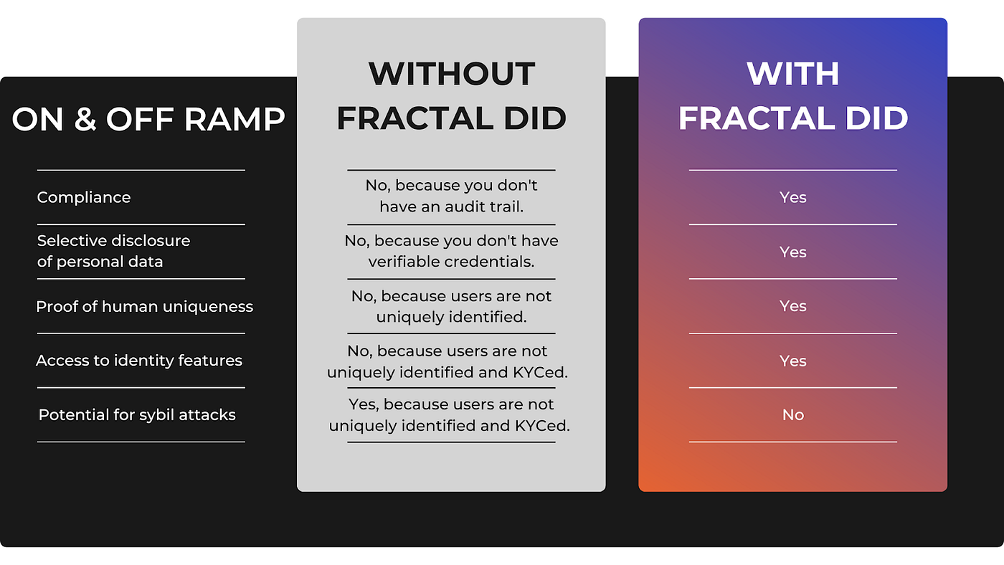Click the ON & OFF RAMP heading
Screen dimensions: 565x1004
[x=148, y=120]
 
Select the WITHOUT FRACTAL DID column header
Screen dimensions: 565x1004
[x=451, y=96]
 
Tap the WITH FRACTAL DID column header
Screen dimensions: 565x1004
[x=792, y=96]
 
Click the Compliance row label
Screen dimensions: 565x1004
[x=84, y=197]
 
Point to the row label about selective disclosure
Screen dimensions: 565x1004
[x=113, y=251]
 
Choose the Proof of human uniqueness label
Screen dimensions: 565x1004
[x=144, y=306]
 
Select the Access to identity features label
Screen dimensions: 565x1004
[x=139, y=360]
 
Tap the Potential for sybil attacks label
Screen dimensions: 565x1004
[x=137, y=414]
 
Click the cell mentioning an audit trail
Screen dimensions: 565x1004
[x=451, y=196]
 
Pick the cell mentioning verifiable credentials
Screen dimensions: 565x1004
[x=451, y=251]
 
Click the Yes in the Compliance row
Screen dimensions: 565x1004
[x=792, y=197]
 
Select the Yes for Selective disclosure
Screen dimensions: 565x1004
[x=792, y=252]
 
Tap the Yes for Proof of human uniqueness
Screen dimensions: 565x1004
[x=792, y=306]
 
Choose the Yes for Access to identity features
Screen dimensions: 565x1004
[x=792, y=361]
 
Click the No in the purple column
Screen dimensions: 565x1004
[x=792, y=414]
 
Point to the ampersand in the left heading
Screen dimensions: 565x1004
[x=85, y=120]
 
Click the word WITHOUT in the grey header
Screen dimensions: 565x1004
[x=451, y=74]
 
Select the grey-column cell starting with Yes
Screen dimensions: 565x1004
[x=450, y=414]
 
